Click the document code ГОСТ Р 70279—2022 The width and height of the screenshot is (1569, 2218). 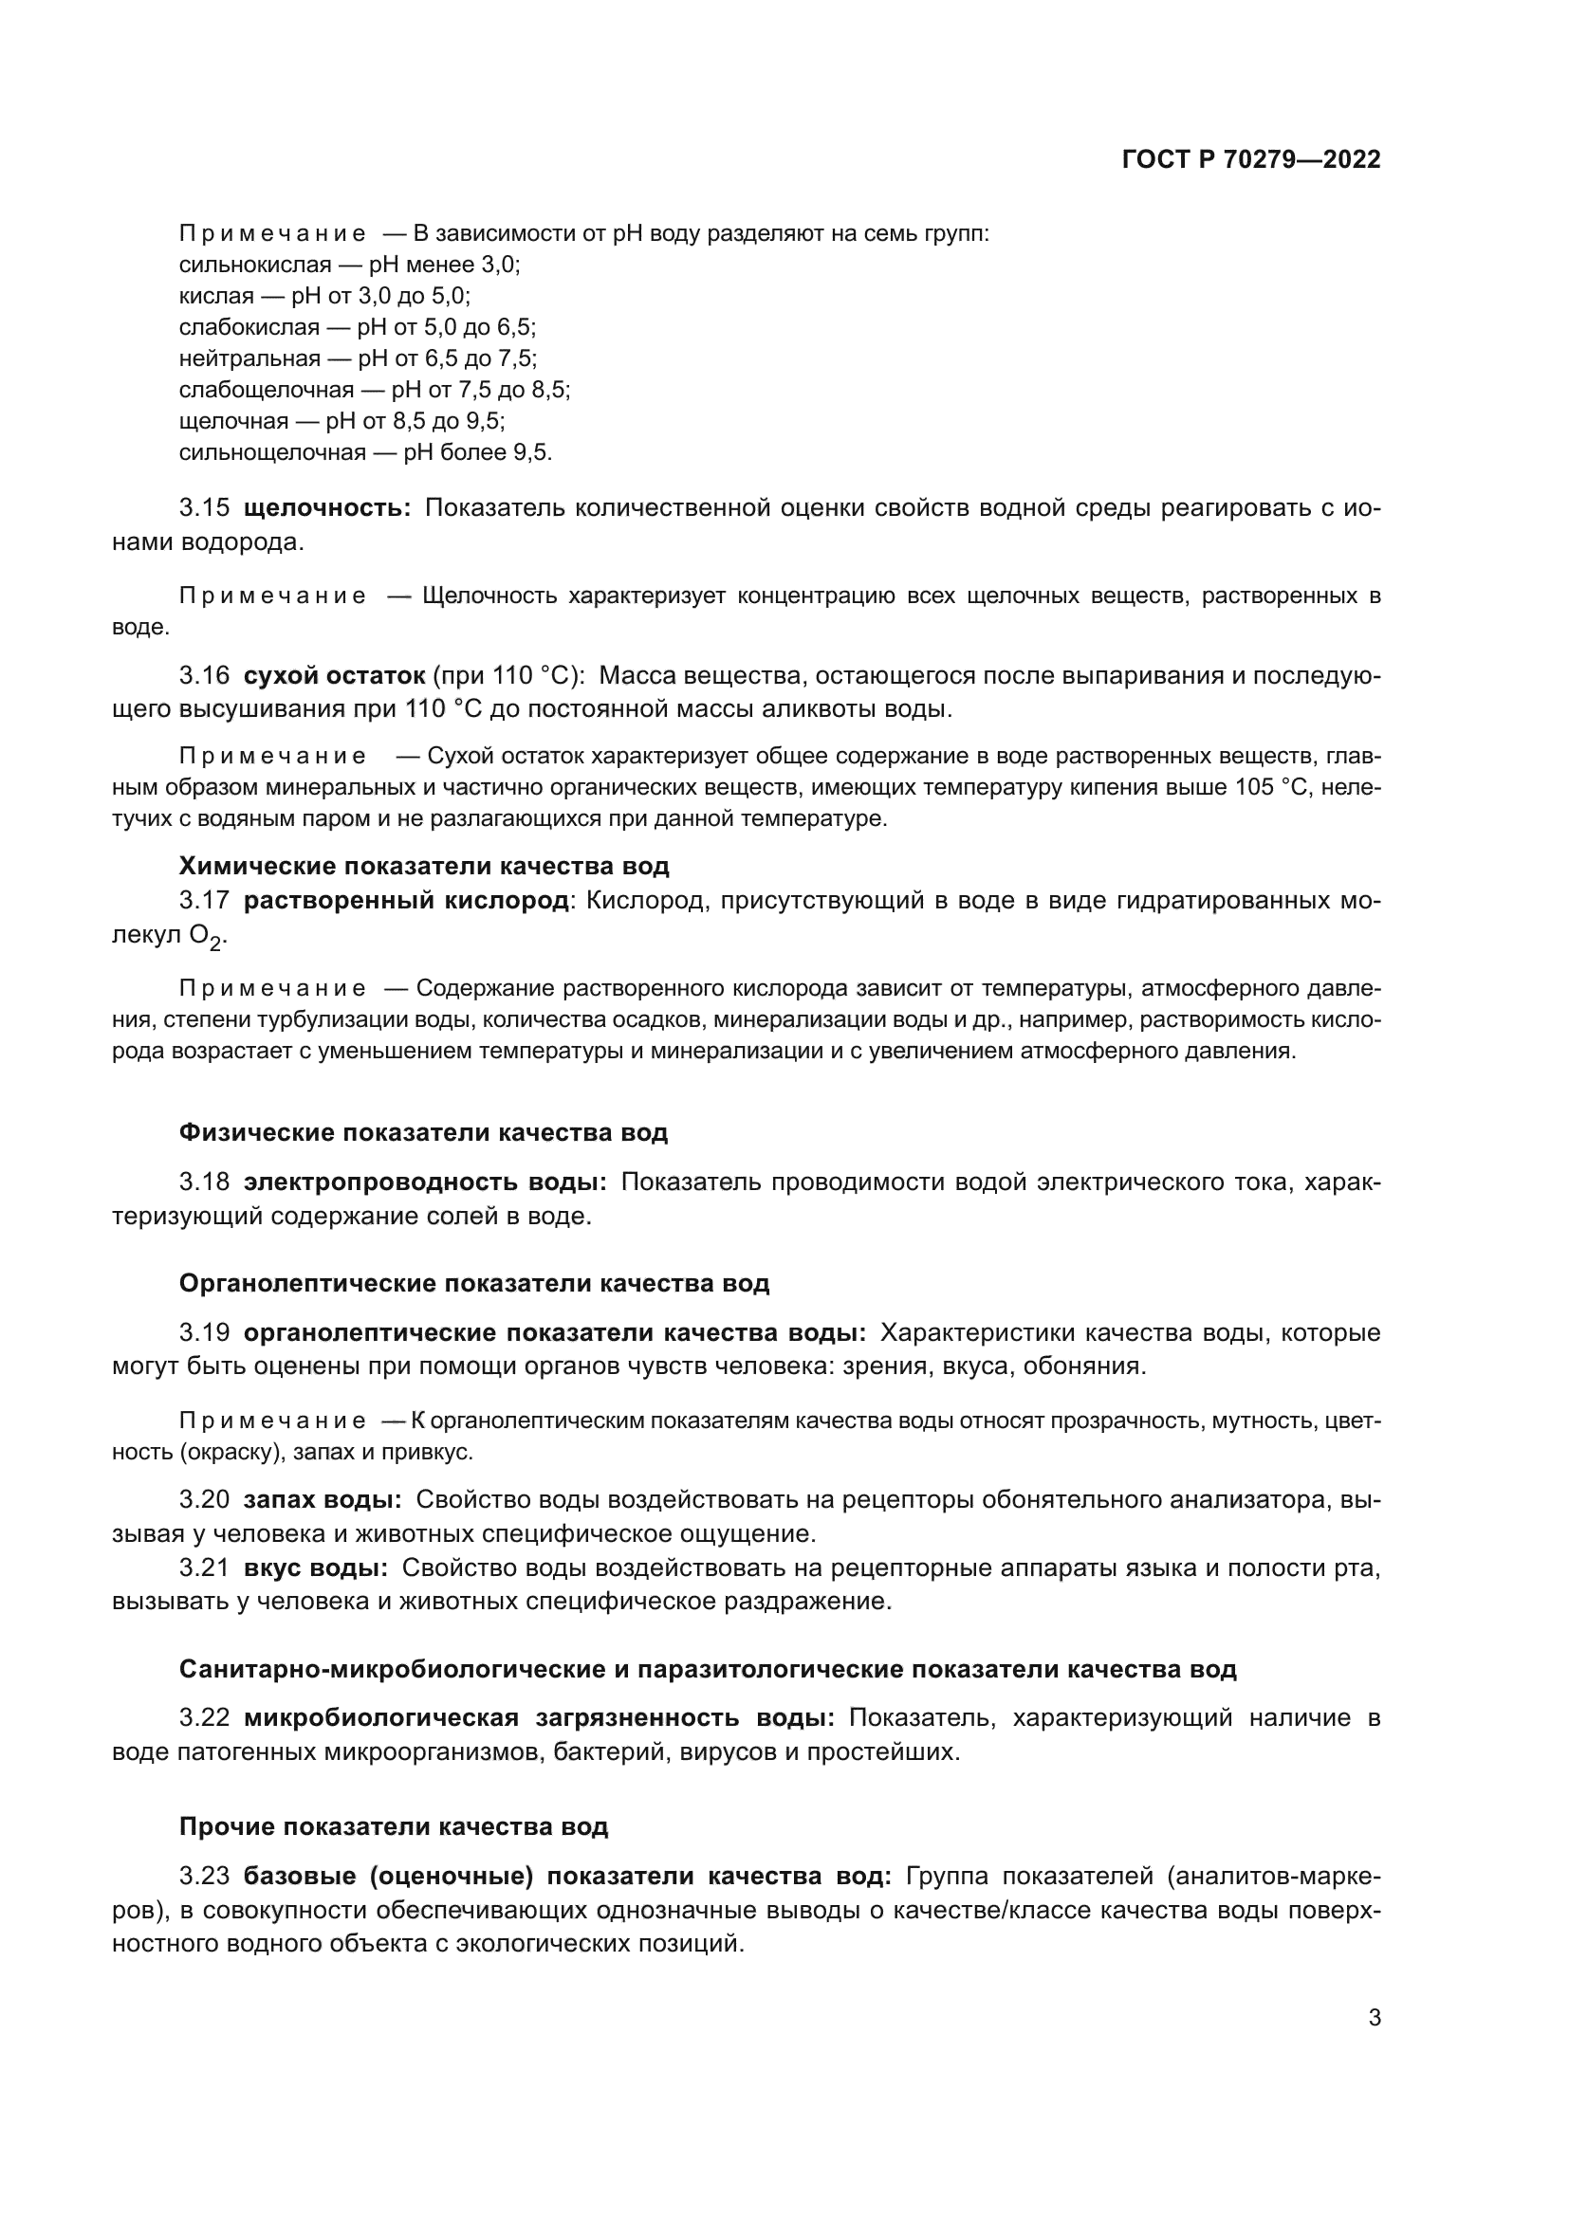[1251, 160]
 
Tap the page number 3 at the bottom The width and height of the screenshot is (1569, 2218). [1375, 2018]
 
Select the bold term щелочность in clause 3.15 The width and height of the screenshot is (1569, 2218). [326, 508]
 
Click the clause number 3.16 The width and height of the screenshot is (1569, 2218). [204, 675]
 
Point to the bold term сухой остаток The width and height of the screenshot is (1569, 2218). [333, 675]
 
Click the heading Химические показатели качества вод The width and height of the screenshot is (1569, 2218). [423, 866]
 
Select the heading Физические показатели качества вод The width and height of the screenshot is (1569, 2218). [423, 1132]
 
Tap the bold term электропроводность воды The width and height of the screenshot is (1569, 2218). [424, 1182]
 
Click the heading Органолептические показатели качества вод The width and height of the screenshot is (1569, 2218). [473, 1283]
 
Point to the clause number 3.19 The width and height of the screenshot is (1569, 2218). [204, 1333]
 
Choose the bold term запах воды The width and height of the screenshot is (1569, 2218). [322, 1499]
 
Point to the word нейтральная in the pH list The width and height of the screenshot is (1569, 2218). [249, 358]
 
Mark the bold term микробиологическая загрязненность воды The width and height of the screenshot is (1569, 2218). [538, 1717]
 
